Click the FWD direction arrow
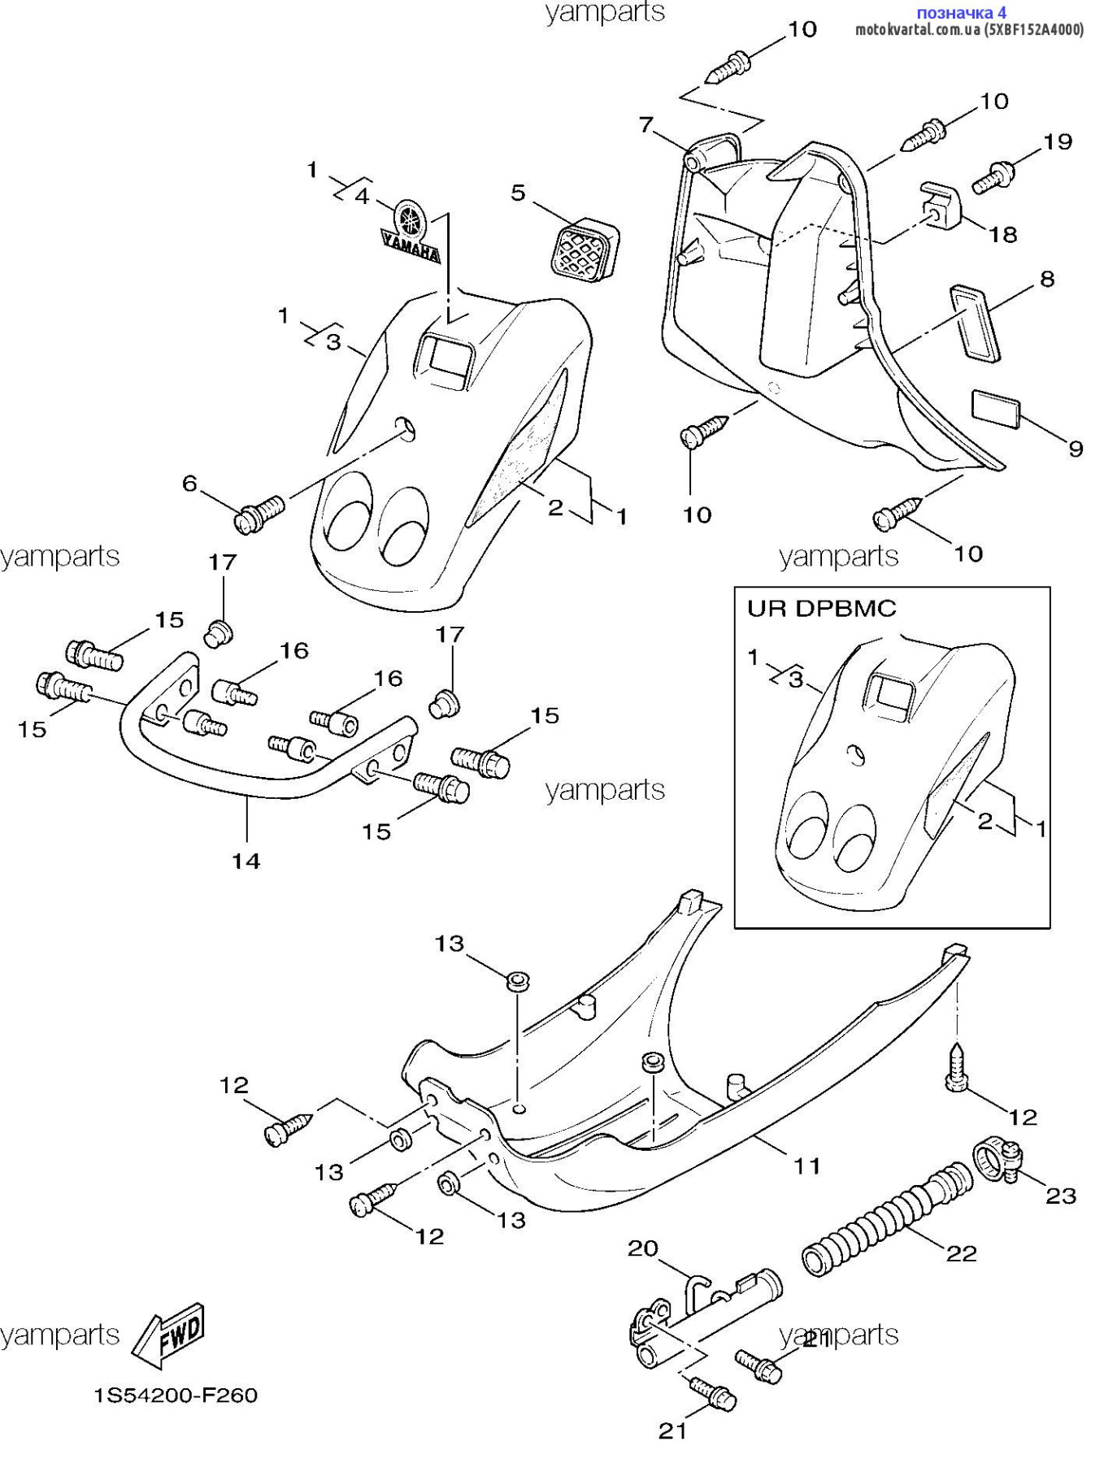169,1335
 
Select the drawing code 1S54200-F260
176,1396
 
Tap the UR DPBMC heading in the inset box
821,609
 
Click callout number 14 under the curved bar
246,861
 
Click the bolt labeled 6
260,513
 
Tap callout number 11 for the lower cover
806,1166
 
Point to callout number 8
1047,279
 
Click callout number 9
1076,449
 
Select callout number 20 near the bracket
642,1248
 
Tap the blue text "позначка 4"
961,12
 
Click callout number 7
646,124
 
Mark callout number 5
519,193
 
